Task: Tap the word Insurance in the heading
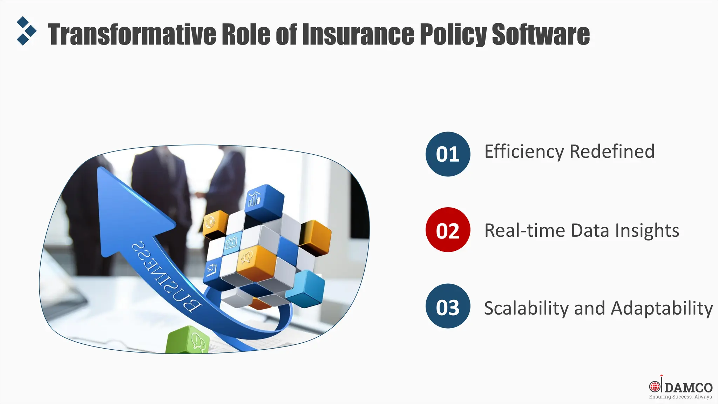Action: coord(358,34)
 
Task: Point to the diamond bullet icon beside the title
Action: coord(27,31)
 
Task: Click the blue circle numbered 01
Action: coord(448,154)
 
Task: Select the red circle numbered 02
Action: coord(448,230)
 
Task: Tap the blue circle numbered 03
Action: coord(448,306)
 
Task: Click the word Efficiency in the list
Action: coord(524,152)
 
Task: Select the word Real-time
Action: coord(525,230)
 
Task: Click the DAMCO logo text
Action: coord(688,388)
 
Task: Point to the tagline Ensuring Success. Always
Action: coord(680,397)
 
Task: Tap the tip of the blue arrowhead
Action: coord(99,169)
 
